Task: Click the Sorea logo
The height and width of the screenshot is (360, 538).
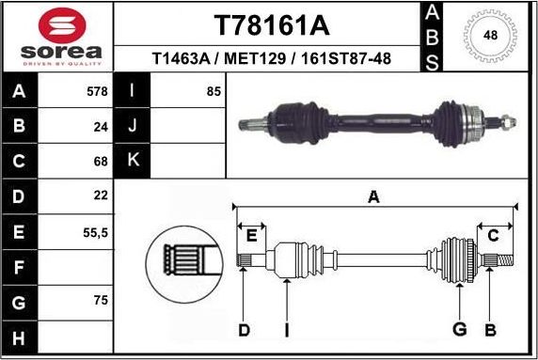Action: point(58,35)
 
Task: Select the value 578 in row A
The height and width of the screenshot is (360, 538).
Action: point(96,91)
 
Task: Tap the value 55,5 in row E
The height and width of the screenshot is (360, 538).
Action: point(94,230)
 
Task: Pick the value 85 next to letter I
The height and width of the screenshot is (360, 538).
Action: point(213,91)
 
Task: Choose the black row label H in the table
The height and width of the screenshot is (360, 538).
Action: point(20,336)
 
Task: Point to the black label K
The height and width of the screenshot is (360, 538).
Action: point(133,161)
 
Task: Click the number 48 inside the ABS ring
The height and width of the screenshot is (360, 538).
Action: point(490,36)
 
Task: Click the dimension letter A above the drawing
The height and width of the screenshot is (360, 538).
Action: point(373,196)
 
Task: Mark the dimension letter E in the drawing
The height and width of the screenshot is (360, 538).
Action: point(250,235)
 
